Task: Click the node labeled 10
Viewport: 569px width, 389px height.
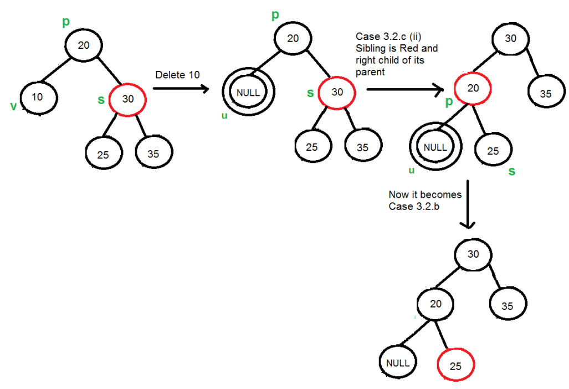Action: pos(37,98)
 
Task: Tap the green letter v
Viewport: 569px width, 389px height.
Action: pos(13,106)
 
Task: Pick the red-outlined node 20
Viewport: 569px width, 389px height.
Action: pos(474,89)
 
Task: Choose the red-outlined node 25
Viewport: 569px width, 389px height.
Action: pos(456,366)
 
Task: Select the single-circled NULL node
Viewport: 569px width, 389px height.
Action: pos(399,363)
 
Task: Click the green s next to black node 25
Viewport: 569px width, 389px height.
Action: pos(511,171)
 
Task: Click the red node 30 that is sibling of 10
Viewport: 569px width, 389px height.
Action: pos(127,100)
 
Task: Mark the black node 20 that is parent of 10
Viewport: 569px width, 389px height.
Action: pos(84,45)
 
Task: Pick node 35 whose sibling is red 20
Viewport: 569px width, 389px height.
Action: pos(546,94)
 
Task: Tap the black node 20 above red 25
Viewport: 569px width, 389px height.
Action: pos(435,304)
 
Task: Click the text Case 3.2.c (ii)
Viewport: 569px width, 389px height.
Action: pos(388,37)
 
